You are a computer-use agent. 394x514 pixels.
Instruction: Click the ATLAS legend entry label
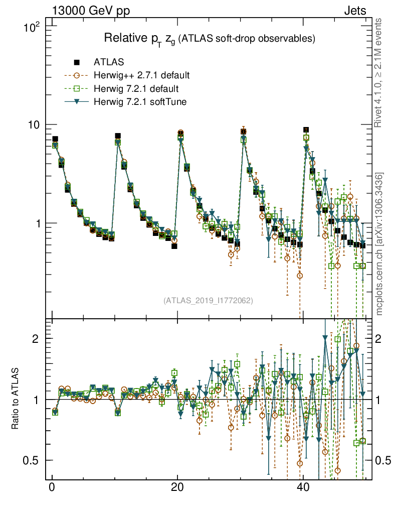pyautogui.click(x=109, y=62)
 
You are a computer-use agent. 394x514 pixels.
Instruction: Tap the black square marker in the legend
pyautogui.click(x=77, y=62)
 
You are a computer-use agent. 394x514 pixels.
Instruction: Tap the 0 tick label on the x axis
pyautogui.click(x=52, y=487)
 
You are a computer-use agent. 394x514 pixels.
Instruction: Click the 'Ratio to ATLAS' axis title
pyautogui.click(x=16, y=399)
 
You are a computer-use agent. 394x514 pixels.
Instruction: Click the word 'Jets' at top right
pyautogui.click(x=355, y=11)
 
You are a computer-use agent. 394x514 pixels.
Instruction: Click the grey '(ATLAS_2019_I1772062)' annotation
pyautogui.click(x=208, y=301)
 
